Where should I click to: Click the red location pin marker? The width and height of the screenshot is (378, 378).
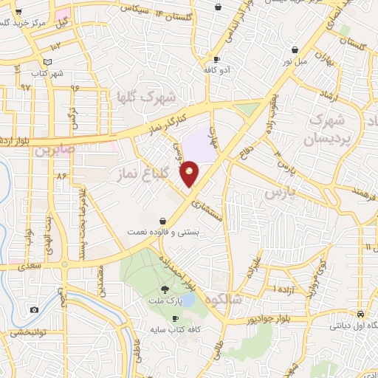190,173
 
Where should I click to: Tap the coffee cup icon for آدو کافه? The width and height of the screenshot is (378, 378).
216,60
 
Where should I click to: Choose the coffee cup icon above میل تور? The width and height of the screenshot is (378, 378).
295,50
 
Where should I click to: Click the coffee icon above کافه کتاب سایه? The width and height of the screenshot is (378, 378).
175,319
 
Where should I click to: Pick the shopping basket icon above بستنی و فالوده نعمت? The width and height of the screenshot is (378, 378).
162,220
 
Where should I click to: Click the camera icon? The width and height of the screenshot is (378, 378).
34,310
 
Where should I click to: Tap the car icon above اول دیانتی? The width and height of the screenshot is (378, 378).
360,312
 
